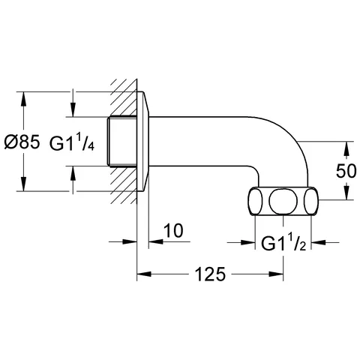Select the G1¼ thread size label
click(73, 142)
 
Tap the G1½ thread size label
click(282, 242)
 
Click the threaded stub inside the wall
click(121, 142)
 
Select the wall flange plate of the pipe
click(144, 142)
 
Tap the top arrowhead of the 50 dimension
click(346, 147)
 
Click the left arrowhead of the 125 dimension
click(142, 274)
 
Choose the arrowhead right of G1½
click(317, 242)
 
